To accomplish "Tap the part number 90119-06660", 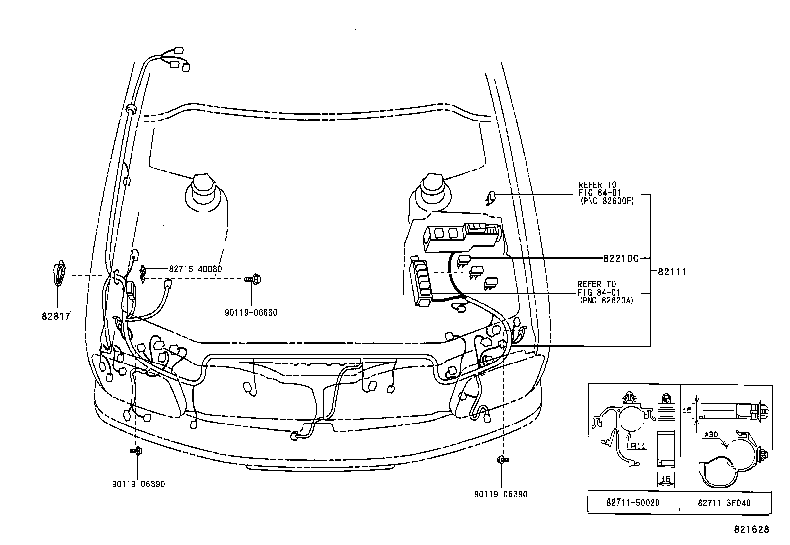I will tap(251, 313).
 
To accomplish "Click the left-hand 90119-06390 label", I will tap(138, 484).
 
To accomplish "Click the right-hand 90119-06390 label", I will tap(501, 494).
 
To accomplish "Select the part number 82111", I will tap(672, 272).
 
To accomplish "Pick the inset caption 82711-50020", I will tap(633, 503).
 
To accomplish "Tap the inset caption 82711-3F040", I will tap(724, 503).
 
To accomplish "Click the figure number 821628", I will tap(751, 529).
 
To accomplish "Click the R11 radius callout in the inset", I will tap(638, 446).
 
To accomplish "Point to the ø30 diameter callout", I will tap(711, 435).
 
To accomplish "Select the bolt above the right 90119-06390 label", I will tap(501, 460).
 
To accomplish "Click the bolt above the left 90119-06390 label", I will tap(135, 450).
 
